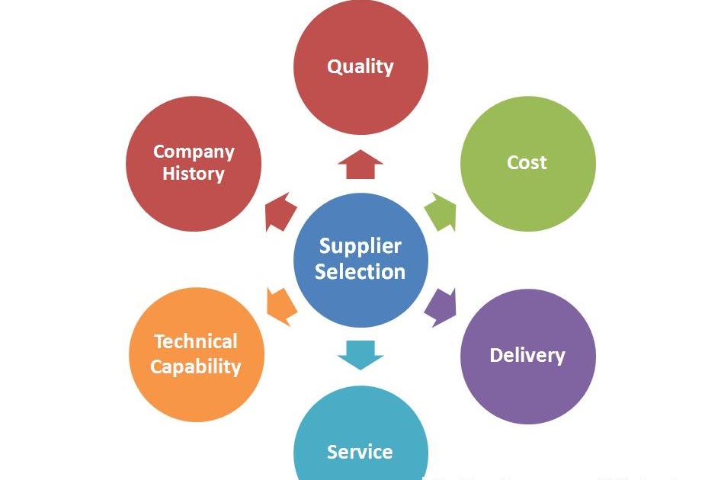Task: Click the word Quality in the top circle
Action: click(x=360, y=67)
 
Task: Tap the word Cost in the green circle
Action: click(x=527, y=162)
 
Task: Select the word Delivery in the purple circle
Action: click(x=527, y=355)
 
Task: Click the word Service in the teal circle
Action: click(x=360, y=452)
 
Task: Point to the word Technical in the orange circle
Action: click(x=196, y=341)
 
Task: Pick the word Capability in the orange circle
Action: click(x=195, y=366)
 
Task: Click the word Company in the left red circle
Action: click(x=194, y=151)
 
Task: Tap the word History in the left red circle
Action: click(x=194, y=174)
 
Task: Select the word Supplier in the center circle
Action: click(x=360, y=246)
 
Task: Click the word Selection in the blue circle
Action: click(x=360, y=272)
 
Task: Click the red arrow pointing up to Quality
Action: click(x=360, y=164)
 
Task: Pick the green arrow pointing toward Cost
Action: click(x=440, y=212)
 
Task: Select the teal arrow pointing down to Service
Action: click(x=360, y=354)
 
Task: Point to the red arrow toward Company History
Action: click(x=280, y=212)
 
